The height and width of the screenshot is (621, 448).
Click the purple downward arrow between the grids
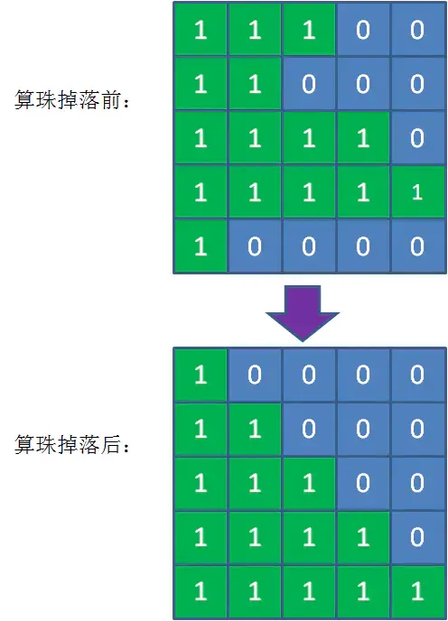click(x=303, y=313)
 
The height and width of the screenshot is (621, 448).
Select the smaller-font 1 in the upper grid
click(x=417, y=192)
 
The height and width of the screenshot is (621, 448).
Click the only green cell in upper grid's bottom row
click(x=201, y=246)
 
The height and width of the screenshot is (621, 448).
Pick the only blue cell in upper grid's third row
click(x=418, y=138)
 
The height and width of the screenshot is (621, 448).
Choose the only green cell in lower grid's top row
click(x=201, y=375)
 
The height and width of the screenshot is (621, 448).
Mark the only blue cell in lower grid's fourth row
click(x=418, y=537)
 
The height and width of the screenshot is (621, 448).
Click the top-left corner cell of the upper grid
click(x=201, y=29)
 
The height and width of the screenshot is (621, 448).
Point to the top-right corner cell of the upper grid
click(x=418, y=29)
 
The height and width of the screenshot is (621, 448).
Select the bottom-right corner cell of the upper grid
click(x=418, y=246)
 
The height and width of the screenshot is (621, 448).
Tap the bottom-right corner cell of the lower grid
click(x=418, y=592)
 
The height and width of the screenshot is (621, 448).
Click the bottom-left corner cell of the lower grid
click(x=201, y=592)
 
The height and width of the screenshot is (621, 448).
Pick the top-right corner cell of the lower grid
click(x=418, y=375)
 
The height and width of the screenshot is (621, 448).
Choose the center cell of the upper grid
click(x=309, y=138)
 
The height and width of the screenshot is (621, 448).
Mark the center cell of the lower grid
click(x=309, y=483)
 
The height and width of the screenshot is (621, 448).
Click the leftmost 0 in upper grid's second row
click(x=309, y=84)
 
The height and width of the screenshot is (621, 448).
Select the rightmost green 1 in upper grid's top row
click(x=309, y=30)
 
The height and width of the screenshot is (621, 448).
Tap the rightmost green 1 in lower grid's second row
click(x=255, y=429)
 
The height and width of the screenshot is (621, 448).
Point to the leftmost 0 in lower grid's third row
click(x=363, y=483)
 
